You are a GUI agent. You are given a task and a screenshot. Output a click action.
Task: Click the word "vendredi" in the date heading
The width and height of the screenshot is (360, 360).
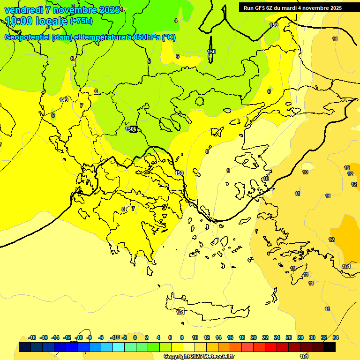23,10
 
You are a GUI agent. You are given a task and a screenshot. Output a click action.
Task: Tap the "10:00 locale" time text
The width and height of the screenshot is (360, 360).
36,21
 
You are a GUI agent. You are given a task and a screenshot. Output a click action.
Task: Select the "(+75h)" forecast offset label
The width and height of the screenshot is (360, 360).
81,21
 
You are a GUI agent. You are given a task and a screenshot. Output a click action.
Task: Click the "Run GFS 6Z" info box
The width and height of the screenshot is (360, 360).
299,7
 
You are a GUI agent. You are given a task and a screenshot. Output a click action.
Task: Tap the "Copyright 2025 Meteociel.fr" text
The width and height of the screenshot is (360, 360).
199,357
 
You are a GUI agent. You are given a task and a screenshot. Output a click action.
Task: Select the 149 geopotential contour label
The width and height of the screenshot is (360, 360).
64,100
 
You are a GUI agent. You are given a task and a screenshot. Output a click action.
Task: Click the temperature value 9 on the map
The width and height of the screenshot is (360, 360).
228,171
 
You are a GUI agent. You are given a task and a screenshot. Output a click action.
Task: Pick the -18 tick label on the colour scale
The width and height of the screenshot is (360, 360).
32,337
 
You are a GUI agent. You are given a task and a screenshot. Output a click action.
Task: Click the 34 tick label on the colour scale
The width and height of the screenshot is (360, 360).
336,337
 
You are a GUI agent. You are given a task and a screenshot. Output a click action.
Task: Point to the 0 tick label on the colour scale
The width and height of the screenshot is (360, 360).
135,337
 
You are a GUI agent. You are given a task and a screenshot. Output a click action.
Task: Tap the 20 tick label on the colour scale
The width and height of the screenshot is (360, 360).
254,337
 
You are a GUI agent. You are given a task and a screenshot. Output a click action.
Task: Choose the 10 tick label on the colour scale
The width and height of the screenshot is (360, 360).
195,337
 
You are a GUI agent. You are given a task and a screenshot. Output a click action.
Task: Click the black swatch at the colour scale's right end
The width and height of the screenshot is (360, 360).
330,347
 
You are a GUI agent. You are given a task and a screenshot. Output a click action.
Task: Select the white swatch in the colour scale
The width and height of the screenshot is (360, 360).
189,347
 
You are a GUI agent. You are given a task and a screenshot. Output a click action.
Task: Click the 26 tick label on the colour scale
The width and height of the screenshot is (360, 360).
289,337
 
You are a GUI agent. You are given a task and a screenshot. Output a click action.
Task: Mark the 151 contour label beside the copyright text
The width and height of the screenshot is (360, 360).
304,357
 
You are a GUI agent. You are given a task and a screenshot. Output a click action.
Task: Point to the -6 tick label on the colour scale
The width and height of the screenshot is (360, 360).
101,337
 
